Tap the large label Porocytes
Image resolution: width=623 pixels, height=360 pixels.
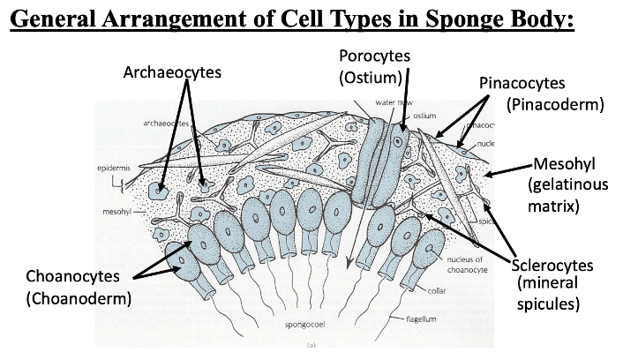[375, 57]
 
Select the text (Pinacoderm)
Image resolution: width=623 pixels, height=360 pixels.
[555, 105]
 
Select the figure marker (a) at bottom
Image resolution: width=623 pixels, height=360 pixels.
[311, 347]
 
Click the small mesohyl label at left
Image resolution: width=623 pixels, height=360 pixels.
[116, 212]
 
